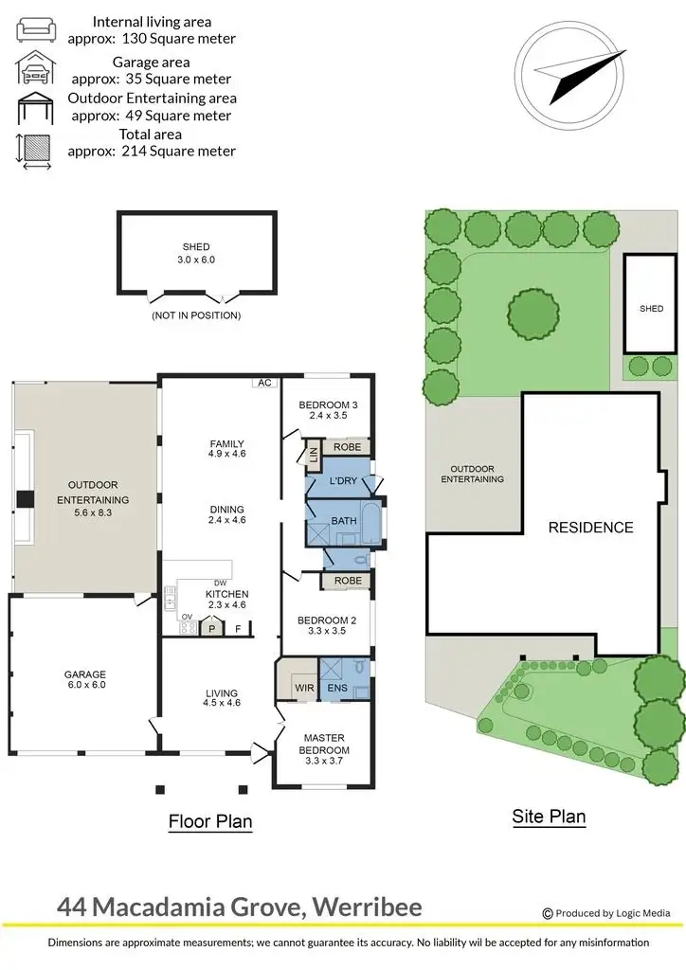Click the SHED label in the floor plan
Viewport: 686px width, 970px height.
click(196, 247)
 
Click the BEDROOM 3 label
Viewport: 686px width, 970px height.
click(329, 406)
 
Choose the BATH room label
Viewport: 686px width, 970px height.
click(342, 521)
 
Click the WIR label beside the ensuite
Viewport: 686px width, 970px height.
click(304, 687)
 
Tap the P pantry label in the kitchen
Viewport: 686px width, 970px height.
click(212, 627)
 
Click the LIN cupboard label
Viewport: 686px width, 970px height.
click(312, 454)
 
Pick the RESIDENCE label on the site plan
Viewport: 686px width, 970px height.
click(591, 528)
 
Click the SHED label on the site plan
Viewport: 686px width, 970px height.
click(651, 309)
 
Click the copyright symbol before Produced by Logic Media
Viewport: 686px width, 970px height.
click(547, 913)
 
